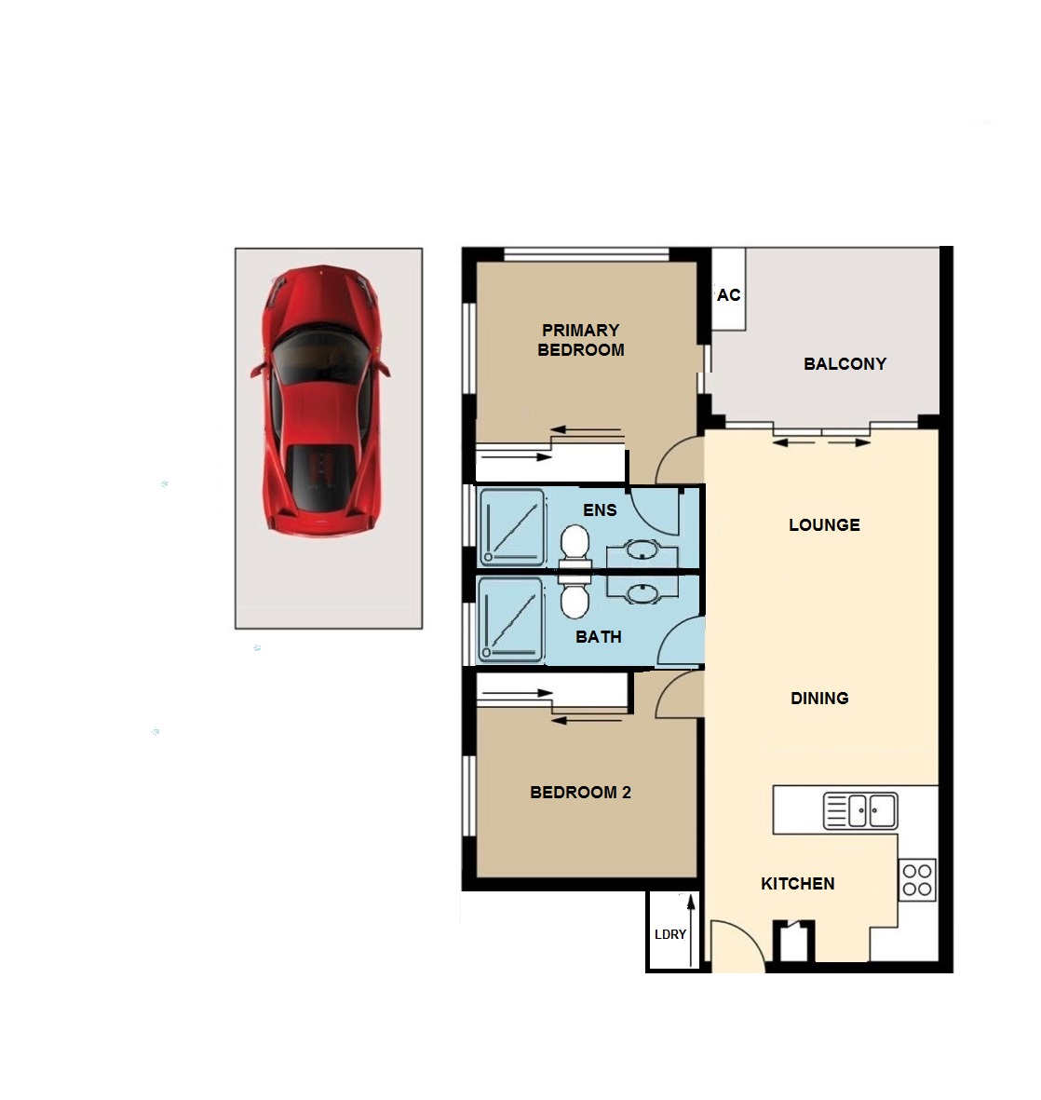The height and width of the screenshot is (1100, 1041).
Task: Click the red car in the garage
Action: point(320,401)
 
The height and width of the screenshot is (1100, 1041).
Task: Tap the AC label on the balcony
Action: point(729,295)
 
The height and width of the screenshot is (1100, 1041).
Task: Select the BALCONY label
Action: point(845,364)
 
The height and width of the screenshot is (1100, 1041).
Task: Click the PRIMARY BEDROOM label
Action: point(581,340)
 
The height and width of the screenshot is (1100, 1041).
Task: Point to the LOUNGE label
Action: point(824,524)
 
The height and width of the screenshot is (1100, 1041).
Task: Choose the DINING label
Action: point(819,698)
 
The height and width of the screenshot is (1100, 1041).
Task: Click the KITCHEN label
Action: point(798,883)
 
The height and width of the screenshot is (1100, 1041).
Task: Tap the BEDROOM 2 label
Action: point(580,792)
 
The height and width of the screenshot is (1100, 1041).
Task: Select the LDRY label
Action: point(669,934)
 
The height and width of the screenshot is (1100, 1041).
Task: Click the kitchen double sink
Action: point(860,811)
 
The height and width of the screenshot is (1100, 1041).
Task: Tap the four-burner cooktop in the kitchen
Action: point(917,879)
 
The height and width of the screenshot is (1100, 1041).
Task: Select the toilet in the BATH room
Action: point(575,596)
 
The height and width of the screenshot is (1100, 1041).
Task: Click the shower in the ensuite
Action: point(511,527)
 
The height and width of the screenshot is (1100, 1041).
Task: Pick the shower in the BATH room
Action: point(510,619)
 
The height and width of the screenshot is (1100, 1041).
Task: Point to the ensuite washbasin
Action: point(642,550)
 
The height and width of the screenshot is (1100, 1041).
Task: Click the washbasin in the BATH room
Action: point(642,592)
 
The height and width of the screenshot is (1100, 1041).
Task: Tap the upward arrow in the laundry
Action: point(691,930)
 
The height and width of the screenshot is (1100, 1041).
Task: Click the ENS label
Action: point(600,510)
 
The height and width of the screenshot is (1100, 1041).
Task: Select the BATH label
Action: point(599,637)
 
